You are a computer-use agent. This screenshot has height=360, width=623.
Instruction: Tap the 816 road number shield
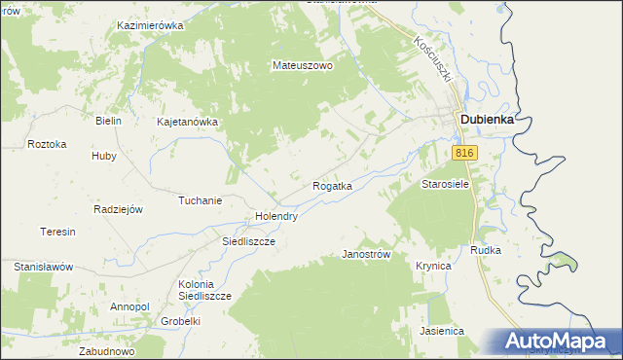click(464, 154)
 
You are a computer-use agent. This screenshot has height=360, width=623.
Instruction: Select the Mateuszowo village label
click(302, 66)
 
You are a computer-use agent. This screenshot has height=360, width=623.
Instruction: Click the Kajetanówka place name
click(187, 123)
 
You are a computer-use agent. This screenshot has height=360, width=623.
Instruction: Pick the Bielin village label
click(107, 121)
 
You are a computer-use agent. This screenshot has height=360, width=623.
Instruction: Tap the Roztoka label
click(47, 144)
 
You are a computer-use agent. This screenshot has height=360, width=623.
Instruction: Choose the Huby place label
click(103, 156)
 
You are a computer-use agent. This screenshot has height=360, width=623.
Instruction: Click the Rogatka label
click(332, 185)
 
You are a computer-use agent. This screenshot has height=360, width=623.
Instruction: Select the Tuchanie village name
click(200, 200)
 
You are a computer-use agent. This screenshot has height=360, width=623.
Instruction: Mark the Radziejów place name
click(118, 209)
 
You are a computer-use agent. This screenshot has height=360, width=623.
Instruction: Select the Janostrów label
click(366, 254)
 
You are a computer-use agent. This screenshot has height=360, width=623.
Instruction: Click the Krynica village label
click(433, 266)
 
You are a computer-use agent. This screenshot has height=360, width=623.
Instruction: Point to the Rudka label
click(485, 250)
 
